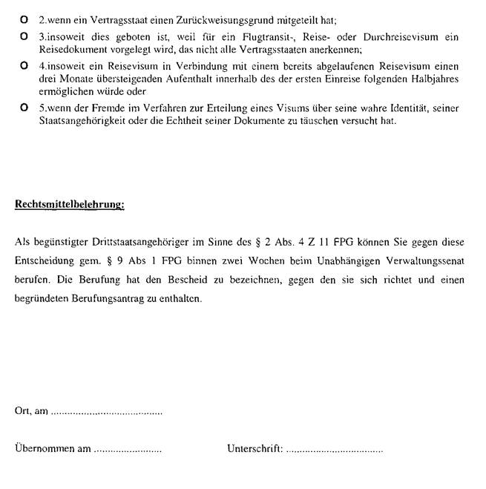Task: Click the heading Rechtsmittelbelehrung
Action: coord(70,204)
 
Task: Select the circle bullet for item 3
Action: coord(24,36)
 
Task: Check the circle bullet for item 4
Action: coord(24,65)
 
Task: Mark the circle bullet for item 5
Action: coord(24,108)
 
